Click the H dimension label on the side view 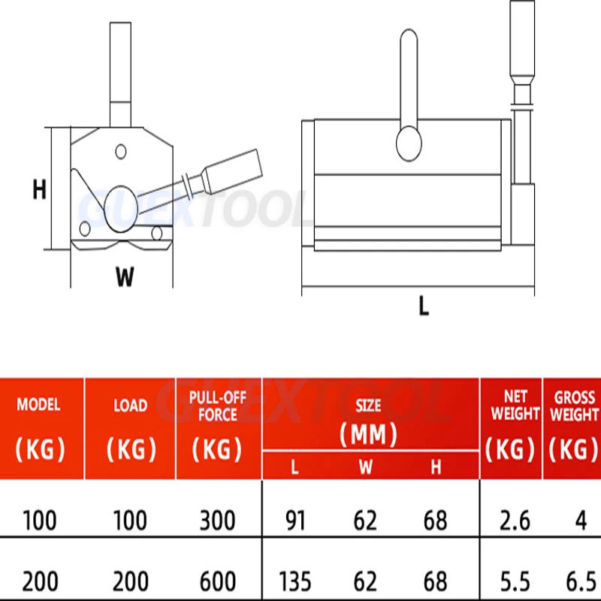click(40, 189)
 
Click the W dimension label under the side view click(125, 276)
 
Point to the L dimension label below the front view click(424, 306)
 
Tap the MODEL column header click(39, 405)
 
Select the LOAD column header click(130, 406)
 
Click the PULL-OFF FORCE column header click(218, 406)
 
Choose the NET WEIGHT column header click(515, 406)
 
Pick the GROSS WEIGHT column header click(574, 406)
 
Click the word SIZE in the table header click(368, 406)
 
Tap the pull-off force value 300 click(217, 521)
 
